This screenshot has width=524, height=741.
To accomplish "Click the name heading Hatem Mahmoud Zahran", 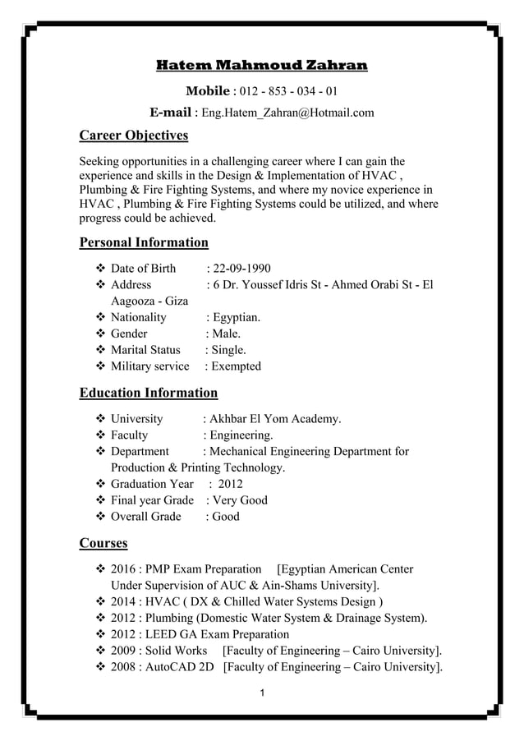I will (262, 65).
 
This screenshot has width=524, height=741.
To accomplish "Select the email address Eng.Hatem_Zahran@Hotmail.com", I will (287, 113).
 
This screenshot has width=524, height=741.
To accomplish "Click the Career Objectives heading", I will (133, 135).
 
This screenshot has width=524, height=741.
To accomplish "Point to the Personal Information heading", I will (144, 242).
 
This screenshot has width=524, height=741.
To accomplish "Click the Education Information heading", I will (148, 393).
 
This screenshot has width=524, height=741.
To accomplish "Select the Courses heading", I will (103, 543).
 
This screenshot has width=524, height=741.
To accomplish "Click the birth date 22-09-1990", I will (241, 269).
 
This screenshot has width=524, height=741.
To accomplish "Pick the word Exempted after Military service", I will (236, 366).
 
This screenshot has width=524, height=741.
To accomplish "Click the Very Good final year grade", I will (239, 500).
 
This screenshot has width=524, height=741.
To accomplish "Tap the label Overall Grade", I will (145, 517).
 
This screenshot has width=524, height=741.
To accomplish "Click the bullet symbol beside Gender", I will (102, 334).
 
